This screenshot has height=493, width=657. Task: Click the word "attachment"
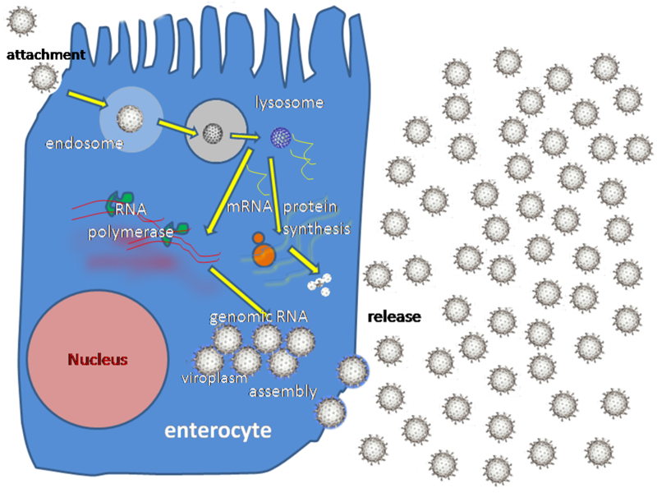pyautogui.click(x=45, y=55)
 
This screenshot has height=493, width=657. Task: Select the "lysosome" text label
pyautogui.click(x=290, y=104)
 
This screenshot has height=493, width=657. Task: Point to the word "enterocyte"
pyautogui.click(x=218, y=430)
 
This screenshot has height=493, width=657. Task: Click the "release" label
pyautogui.click(x=394, y=316)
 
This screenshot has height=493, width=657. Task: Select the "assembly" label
pyautogui.click(x=283, y=392)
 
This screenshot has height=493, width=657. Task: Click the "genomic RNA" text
pyautogui.click(x=251, y=317)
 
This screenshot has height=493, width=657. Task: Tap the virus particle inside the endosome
pyautogui.click(x=128, y=119)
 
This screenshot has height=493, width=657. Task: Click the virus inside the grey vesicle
pyautogui.click(x=211, y=132)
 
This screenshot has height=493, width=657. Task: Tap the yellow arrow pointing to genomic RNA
pyautogui.click(x=243, y=292)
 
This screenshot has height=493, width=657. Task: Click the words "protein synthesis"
pyautogui.click(x=316, y=217)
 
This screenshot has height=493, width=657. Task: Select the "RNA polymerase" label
pyautogui.click(x=131, y=220)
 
